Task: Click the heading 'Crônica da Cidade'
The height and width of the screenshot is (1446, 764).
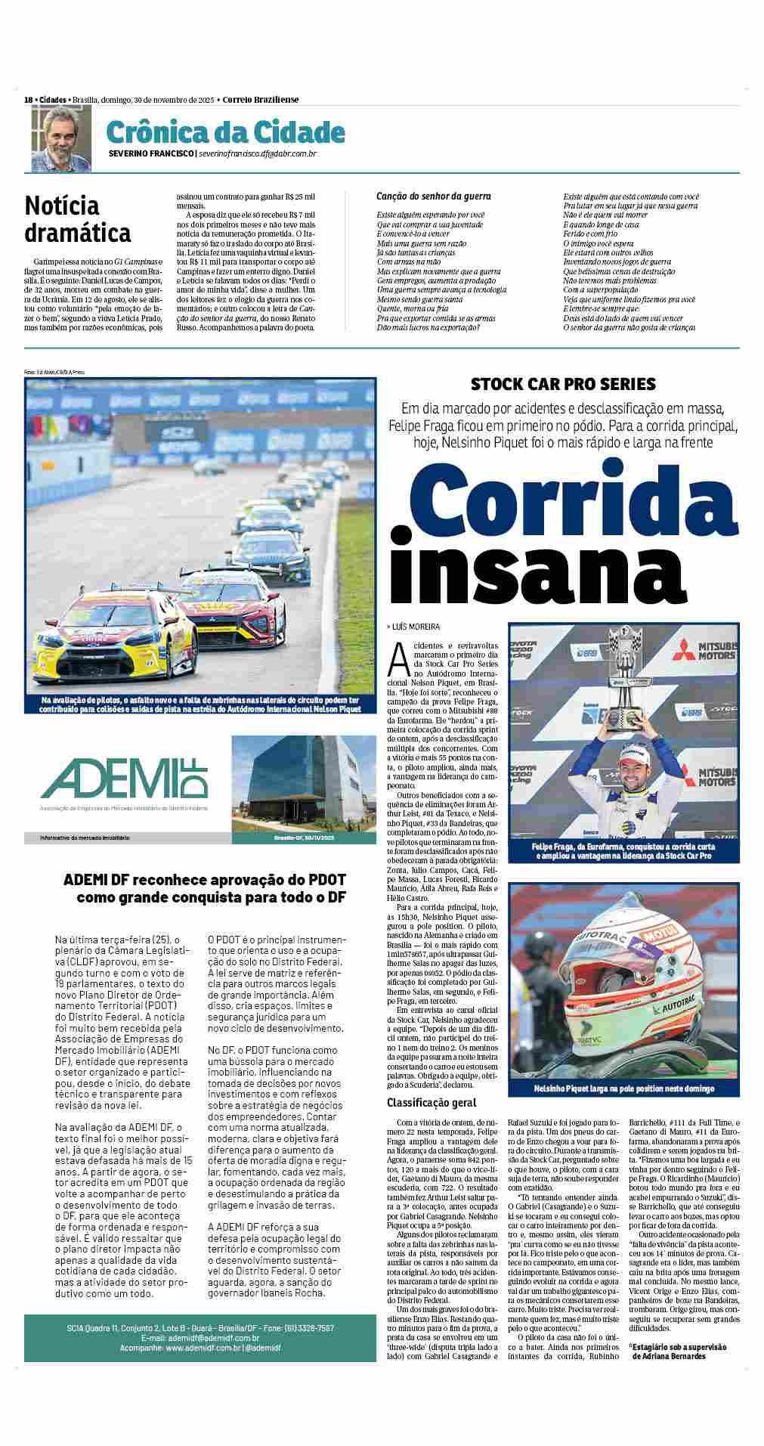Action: [225, 132]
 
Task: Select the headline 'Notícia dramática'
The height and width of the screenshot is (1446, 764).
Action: [78, 218]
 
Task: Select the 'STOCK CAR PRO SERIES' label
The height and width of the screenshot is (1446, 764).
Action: [563, 384]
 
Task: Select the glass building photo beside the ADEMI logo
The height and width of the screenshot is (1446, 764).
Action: [303, 782]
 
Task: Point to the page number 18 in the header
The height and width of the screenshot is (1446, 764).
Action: [28, 100]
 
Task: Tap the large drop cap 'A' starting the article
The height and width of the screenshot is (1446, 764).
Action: [397, 658]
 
